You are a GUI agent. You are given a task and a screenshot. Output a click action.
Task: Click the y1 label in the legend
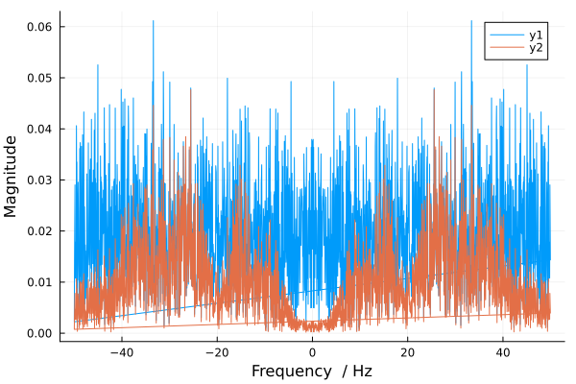pyautogui.click(x=536, y=35)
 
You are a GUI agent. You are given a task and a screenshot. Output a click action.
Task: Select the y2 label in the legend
pyautogui.click(x=536, y=48)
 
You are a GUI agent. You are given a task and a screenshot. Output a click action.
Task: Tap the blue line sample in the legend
pyautogui.click(x=506, y=35)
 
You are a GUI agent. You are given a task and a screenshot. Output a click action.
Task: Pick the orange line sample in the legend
pyautogui.click(x=506, y=48)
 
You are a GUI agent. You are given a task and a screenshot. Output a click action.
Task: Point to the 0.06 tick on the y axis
pyautogui.click(x=39, y=26)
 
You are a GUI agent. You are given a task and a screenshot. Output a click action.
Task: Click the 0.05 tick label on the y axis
pyautogui.click(x=39, y=78)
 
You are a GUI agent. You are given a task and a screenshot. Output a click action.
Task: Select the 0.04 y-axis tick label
pyautogui.click(x=39, y=129)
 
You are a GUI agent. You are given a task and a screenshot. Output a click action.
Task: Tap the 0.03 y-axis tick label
pyautogui.click(x=39, y=180)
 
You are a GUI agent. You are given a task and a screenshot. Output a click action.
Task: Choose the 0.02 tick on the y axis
pyautogui.click(x=39, y=231)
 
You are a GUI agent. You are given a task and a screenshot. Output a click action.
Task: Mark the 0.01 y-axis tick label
pyautogui.click(x=39, y=282)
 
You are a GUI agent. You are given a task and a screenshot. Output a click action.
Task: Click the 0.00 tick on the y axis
pyautogui.click(x=39, y=333)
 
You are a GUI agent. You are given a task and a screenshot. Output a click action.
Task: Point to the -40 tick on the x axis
pyautogui.click(x=121, y=352)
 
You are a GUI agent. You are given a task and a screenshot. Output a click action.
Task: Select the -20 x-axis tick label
pyautogui.click(x=216, y=352)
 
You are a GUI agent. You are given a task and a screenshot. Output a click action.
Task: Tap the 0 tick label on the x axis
pyautogui.click(x=312, y=352)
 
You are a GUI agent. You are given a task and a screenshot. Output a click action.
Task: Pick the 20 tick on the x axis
pyautogui.click(x=407, y=352)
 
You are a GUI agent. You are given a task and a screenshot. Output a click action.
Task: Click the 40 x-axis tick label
pyautogui.click(x=502, y=352)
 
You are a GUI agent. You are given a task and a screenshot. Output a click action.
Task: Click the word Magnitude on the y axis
pyautogui.click(x=12, y=176)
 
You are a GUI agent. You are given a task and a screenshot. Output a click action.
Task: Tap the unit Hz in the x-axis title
pyautogui.click(x=361, y=372)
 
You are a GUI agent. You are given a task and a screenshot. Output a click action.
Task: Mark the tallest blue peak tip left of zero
pyautogui.click(x=153, y=21)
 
